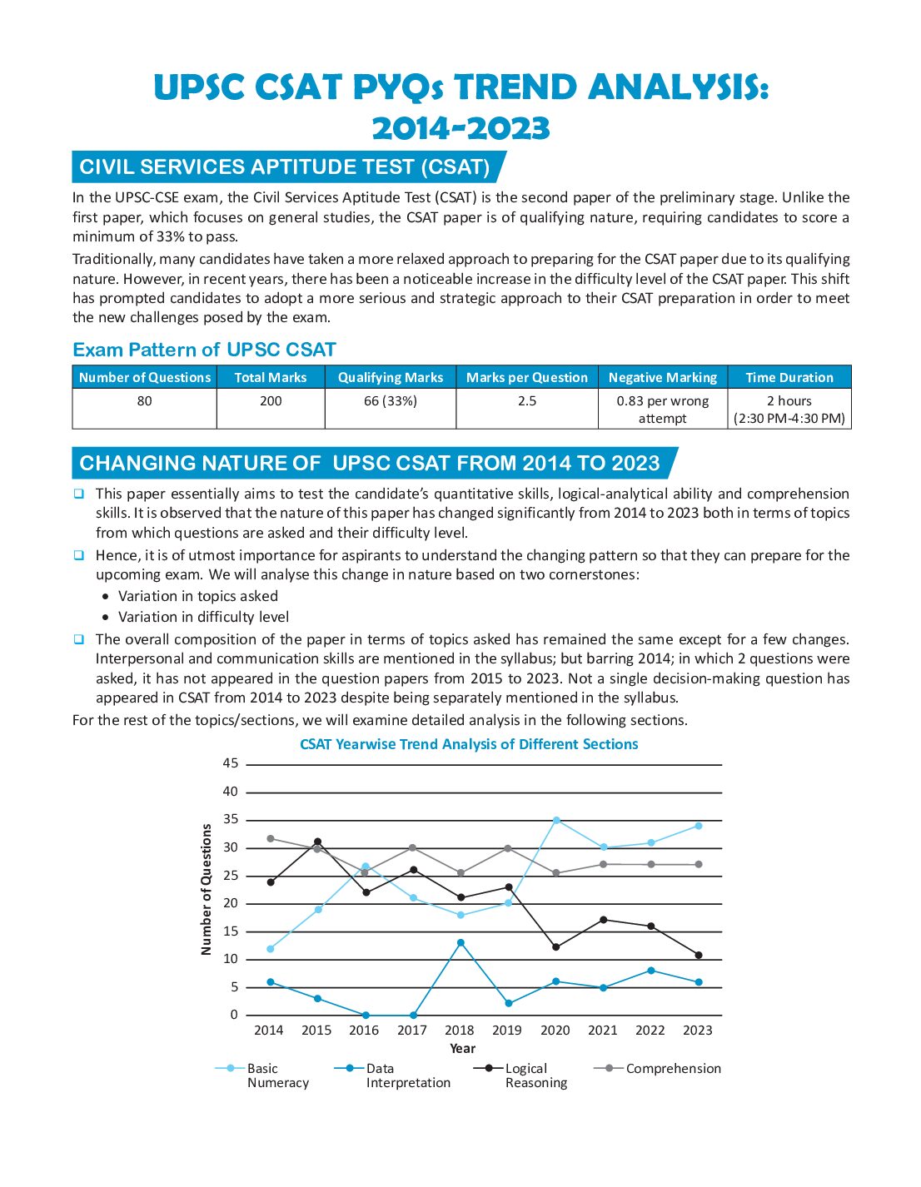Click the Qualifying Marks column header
pos(391,377)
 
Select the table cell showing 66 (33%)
pos(391,401)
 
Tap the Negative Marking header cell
pos(663,377)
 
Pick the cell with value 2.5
pos(527,401)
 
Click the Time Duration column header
pos(789,377)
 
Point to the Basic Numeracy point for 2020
pos(556,820)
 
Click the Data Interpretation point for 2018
pos(460,942)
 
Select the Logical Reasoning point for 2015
pos(317,842)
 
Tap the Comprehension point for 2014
pos(271,838)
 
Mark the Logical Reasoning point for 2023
pos(699,955)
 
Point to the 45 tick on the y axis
pos(231,763)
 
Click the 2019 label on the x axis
pos(507,1031)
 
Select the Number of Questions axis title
pos(207,889)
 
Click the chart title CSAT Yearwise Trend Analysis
pos(469,744)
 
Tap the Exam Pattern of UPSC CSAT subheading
pos(204,350)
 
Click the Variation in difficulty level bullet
pos(203,617)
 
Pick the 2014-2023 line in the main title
pos(460,128)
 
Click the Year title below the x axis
pos(462,1049)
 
